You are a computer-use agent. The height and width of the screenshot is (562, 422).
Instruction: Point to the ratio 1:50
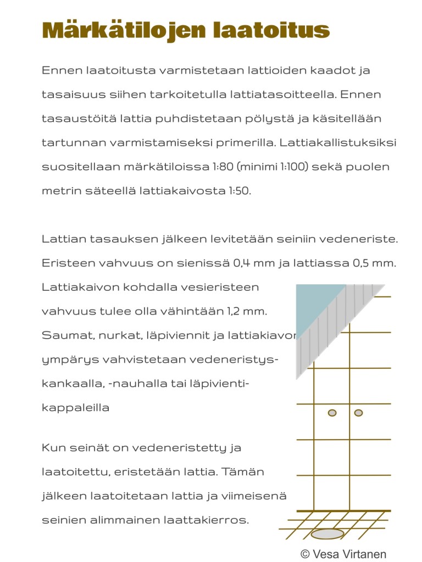(x=239, y=190)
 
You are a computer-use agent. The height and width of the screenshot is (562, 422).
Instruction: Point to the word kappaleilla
(x=75, y=408)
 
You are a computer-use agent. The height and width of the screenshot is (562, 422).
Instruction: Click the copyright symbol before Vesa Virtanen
(x=305, y=554)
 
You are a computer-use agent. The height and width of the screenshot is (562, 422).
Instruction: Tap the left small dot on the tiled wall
(x=332, y=413)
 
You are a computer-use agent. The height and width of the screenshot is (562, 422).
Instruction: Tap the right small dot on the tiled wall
(x=358, y=413)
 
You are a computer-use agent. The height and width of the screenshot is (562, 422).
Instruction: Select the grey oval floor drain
(x=327, y=534)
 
